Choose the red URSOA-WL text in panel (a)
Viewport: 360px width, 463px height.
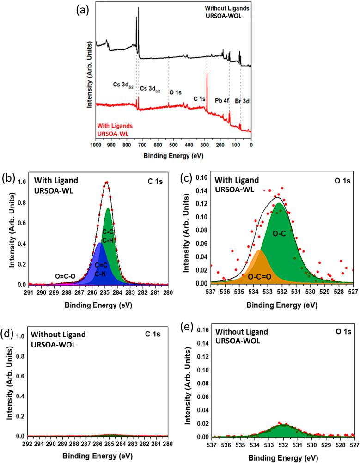pyautogui.click(x=112, y=134)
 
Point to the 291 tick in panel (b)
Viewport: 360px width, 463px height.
pyautogui.click(x=29, y=292)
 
